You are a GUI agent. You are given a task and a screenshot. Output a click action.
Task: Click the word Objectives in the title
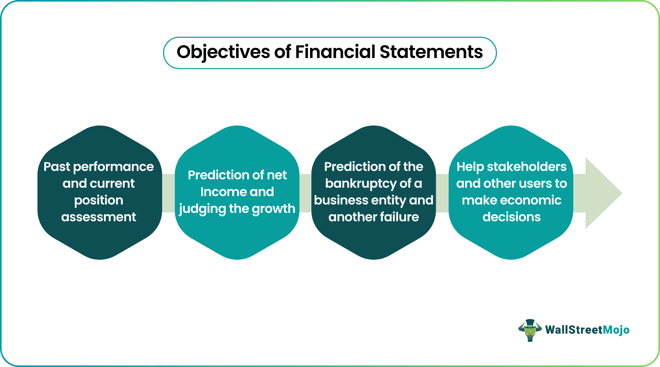[x=223, y=52]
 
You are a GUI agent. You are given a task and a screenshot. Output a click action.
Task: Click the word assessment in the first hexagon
[x=99, y=217]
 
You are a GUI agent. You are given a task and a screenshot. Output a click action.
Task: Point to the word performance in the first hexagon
[x=113, y=167]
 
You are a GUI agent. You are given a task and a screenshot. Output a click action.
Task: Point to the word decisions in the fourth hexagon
[x=512, y=217]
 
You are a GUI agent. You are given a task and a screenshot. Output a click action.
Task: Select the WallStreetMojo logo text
[x=587, y=330]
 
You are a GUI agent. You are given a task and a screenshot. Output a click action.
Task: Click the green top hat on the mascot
[x=530, y=323]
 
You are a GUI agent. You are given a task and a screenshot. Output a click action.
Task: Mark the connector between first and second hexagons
[x=168, y=193]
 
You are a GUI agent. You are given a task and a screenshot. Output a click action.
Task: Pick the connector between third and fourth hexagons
[x=442, y=193]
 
